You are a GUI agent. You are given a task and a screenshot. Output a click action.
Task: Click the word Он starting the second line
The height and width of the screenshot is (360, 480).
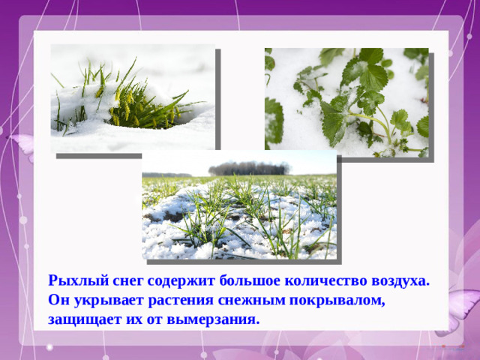click(x=58, y=301)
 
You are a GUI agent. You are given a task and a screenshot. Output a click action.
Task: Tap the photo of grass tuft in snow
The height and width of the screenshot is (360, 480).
click(x=132, y=97)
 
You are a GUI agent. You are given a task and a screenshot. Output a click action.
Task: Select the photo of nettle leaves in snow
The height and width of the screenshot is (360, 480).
click(x=346, y=101)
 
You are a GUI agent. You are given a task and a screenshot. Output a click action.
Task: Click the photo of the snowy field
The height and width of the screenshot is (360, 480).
click(x=239, y=214)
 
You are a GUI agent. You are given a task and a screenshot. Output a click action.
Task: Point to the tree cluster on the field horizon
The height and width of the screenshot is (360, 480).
click(x=249, y=168)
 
